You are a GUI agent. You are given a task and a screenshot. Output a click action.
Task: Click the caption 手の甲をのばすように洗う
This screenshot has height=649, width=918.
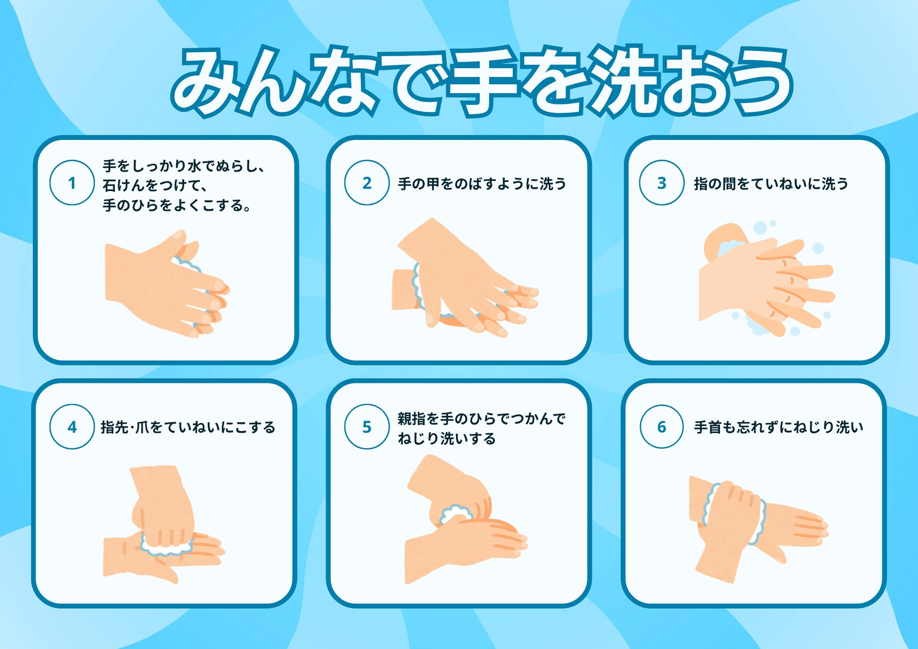click(482, 184)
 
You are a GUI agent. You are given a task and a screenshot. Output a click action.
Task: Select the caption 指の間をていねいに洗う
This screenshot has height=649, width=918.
click(771, 184)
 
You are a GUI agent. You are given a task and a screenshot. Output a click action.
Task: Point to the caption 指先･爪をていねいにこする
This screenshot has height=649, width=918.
click(188, 427)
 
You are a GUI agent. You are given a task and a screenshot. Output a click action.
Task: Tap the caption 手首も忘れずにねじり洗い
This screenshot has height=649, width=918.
click(779, 427)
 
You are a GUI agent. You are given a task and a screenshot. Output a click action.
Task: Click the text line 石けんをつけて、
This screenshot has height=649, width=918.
click(154, 185)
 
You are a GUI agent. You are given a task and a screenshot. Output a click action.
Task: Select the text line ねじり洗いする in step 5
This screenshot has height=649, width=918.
click(447, 438)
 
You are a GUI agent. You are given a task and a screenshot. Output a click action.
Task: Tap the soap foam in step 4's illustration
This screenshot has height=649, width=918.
click(166, 545)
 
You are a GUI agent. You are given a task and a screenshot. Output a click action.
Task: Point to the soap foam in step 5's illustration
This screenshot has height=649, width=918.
click(456, 515)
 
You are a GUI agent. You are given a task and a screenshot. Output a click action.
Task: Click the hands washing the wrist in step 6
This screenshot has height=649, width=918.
click(758, 529)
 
